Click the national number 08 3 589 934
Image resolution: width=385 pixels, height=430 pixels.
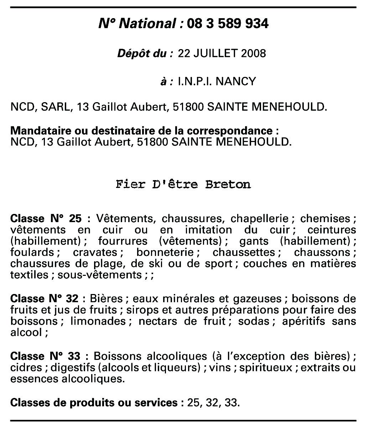tap(227, 23)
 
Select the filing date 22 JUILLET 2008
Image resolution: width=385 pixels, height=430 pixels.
tap(222, 53)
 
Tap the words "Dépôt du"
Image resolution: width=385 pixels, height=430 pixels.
tap(145, 53)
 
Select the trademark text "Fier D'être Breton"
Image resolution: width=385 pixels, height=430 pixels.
tap(183, 185)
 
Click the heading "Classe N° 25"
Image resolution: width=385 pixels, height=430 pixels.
tap(46, 218)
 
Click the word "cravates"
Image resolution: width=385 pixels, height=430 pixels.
tap(95, 252)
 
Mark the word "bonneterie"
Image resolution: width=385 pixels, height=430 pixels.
tap(165, 252)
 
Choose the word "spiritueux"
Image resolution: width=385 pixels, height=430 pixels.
tap(265, 367)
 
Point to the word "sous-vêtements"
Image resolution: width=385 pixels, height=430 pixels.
tap(100, 275)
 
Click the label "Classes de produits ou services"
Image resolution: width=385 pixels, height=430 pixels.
tap(94, 403)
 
